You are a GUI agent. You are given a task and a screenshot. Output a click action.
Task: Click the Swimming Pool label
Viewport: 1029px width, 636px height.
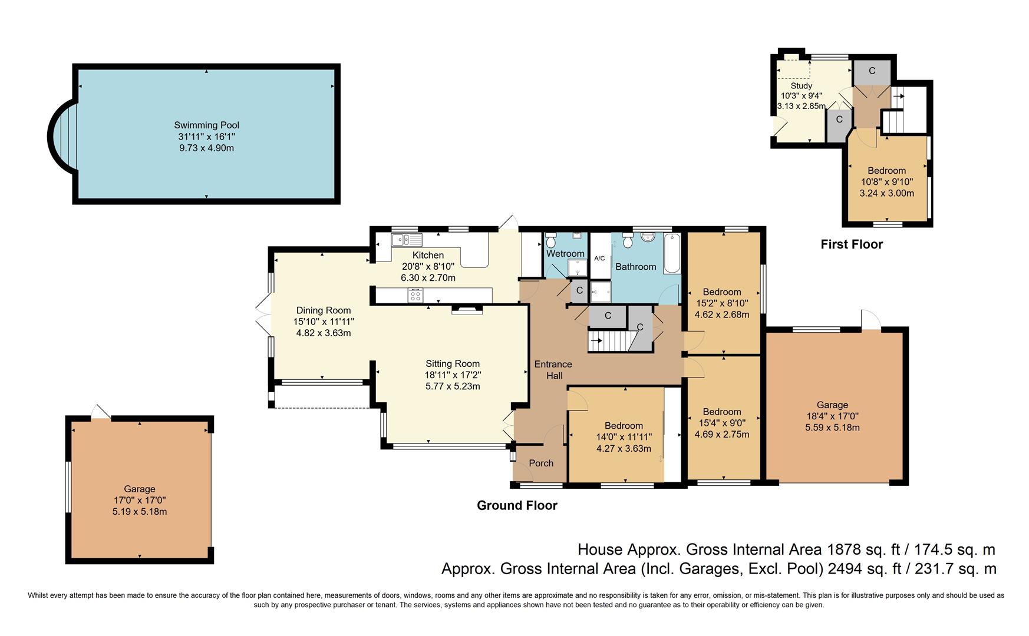pyautogui.click(x=206, y=125)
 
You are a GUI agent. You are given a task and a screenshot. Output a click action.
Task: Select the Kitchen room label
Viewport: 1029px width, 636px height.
pyautogui.click(x=428, y=255)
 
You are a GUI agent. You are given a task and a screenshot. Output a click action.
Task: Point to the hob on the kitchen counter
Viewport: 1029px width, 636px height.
pyautogui.click(x=415, y=295)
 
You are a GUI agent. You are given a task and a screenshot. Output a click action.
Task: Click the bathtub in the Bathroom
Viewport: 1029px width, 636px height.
pyautogui.click(x=672, y=253)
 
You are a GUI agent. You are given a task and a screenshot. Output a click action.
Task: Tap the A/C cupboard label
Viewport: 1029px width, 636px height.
pyautogui.click(x=599, y=259)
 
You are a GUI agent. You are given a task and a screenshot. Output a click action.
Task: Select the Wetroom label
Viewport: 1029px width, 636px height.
pyautogui.click(x=565, y=254)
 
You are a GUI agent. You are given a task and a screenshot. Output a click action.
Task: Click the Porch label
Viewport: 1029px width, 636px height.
pyautogui.click(x=541, y=463)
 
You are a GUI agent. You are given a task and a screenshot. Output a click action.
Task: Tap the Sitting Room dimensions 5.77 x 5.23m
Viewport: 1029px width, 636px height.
pyautogui.click(x=453, y=386)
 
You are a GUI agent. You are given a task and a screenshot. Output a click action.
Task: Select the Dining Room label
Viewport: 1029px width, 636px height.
pyautogui.click(x=323, y=310)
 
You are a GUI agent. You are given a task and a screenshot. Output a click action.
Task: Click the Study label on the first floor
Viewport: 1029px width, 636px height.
pyautogui.click(x=802, y=86)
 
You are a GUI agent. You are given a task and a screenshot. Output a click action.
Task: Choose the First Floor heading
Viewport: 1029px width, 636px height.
pyautogui.click(x=852, y=244)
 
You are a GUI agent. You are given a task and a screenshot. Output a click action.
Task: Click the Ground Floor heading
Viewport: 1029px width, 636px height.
pyautogui.click(x=517, y=505)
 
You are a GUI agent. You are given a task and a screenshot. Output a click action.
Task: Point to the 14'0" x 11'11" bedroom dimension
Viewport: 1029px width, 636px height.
pyautogui.click(x=624, y=437)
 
